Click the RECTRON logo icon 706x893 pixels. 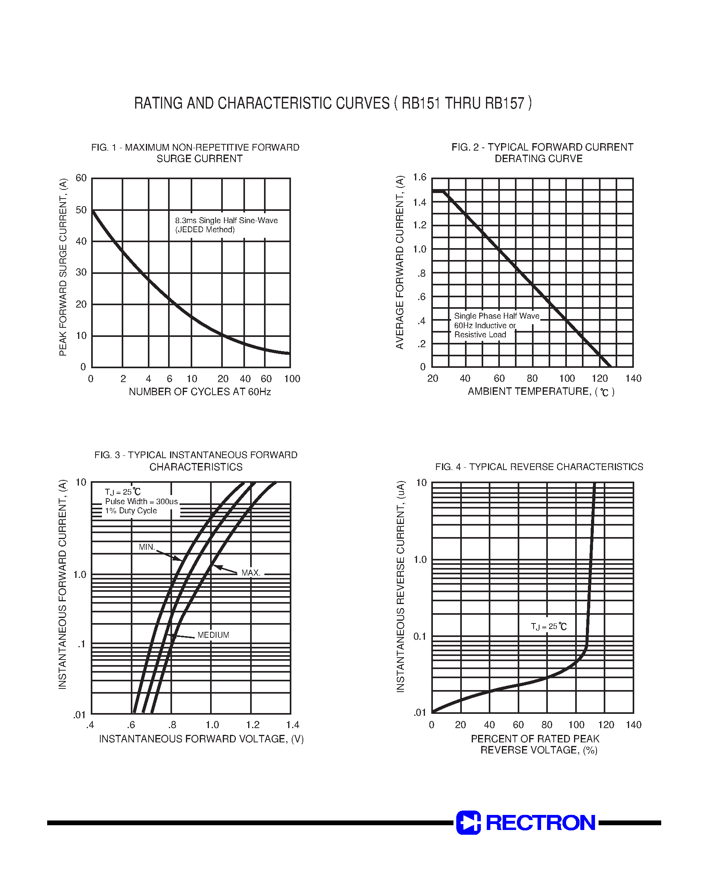[468, 822]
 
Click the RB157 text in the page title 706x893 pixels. [505, 103]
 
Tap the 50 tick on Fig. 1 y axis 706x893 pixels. [81, 210]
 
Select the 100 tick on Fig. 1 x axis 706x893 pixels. [292, 379]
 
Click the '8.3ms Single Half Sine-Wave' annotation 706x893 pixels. [226, 221]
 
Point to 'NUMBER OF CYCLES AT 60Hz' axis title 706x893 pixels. [200, 392]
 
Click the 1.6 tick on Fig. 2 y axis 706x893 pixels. [419, 178]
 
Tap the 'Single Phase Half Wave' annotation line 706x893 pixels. [496, 316]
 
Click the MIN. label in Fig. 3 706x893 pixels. [147, 547]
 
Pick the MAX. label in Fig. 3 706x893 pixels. [251, 573]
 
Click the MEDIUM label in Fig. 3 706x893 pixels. [213, 635]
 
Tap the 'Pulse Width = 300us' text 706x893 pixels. [142, 501]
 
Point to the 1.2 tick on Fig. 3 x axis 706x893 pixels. [253, 725]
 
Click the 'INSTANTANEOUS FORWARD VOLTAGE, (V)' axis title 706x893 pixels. [201, 739]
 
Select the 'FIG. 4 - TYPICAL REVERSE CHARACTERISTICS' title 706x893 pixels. [539, 467]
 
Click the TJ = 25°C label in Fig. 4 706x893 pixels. [549, 627]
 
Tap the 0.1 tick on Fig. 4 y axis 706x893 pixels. [419, 637]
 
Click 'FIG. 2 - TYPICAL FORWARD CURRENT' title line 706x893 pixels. [542, 147]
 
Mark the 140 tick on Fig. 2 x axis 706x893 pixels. [633, 379]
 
